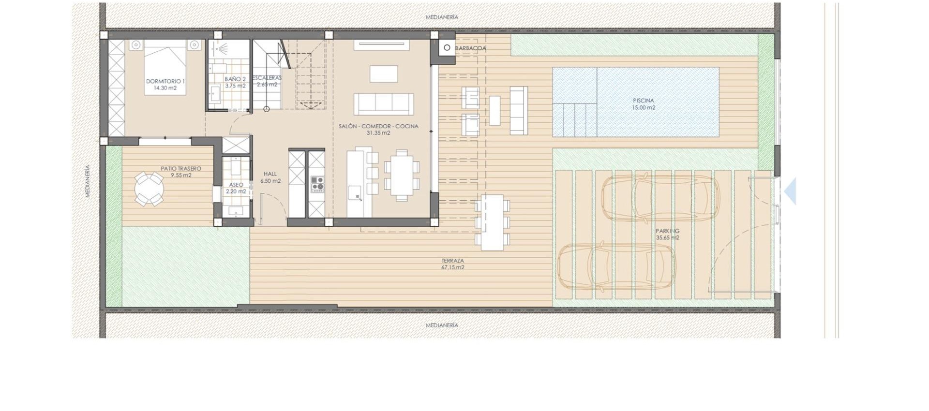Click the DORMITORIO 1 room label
click(165, 85)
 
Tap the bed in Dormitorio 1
click(165, 63)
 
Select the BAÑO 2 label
click(235, 82)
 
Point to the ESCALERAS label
click(267, 81)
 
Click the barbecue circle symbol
click(447, 48)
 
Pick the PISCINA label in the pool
click(643, 104)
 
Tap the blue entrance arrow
click(790, 191)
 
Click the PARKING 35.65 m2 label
click(668, 235)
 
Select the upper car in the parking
click(660, 198)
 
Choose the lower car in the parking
click(616, 267)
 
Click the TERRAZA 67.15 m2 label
click(452, 264)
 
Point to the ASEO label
click(236, 188)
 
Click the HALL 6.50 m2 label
click(270, 177)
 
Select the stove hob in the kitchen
click(317, 184)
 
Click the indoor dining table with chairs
click(402, 175)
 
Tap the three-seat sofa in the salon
click(384, 104)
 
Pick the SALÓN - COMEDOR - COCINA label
click(378, 129)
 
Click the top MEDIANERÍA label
click(442, 17)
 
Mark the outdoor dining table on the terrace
click(492, 222)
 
